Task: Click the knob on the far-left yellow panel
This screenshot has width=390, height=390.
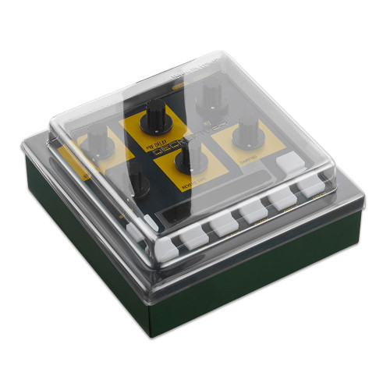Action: coord(97,142)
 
